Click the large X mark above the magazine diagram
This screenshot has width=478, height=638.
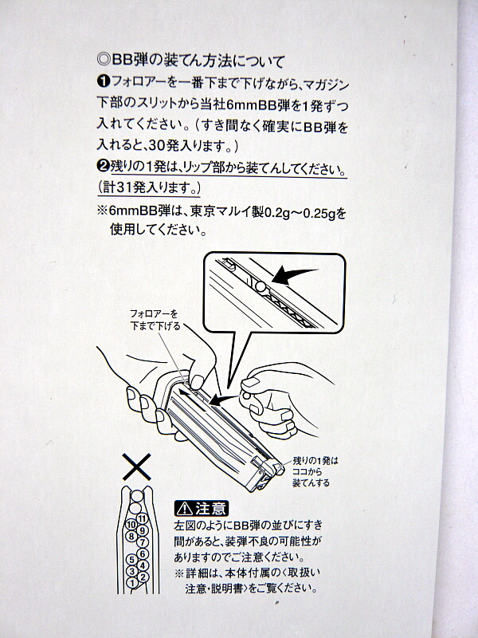(136, 467)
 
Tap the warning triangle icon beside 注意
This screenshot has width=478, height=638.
(185, 508)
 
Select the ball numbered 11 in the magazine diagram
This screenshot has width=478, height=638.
(142, 518)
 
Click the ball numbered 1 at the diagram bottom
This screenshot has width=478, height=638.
(132, 582)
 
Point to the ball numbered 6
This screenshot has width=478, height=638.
(143, 553)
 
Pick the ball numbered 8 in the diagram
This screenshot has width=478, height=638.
(131, 536)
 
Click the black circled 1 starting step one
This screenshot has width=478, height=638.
(103, 81)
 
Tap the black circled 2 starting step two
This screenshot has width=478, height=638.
(103, 166)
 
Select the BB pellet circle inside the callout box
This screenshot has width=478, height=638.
(261, 287)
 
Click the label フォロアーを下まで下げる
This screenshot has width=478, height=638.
(155, 320)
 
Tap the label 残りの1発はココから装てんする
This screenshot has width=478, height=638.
(315, 472)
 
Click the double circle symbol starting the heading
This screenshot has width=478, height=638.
(104, 59)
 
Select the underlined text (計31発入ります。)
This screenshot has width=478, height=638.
(149, 187)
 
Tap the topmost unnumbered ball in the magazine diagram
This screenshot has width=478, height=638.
(137, 495)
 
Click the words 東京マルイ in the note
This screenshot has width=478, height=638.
(227, 212)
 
